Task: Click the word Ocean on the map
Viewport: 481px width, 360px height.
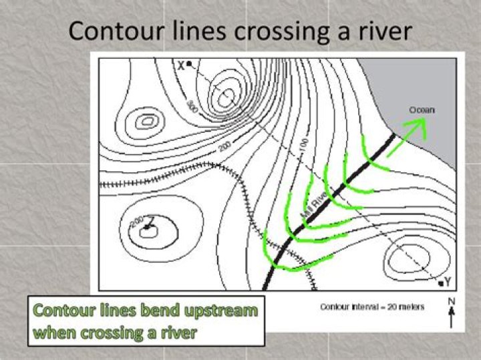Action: pyautogui.click(x=422, y=109)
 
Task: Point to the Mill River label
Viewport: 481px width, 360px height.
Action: pyautogui.click(x=315, y=202)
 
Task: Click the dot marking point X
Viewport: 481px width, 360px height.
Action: pyautogui.click(x=189, y=63)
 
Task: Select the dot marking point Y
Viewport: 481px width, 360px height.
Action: pyautogui.click(x=440, y=283)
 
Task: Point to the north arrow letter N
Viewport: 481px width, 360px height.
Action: pyautogui.click(x=452, y=302)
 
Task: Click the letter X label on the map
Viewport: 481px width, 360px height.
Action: pyautogui.click(x=180, y=64)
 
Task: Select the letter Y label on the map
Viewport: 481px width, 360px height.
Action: pyautogui.click(x=448, y=279)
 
